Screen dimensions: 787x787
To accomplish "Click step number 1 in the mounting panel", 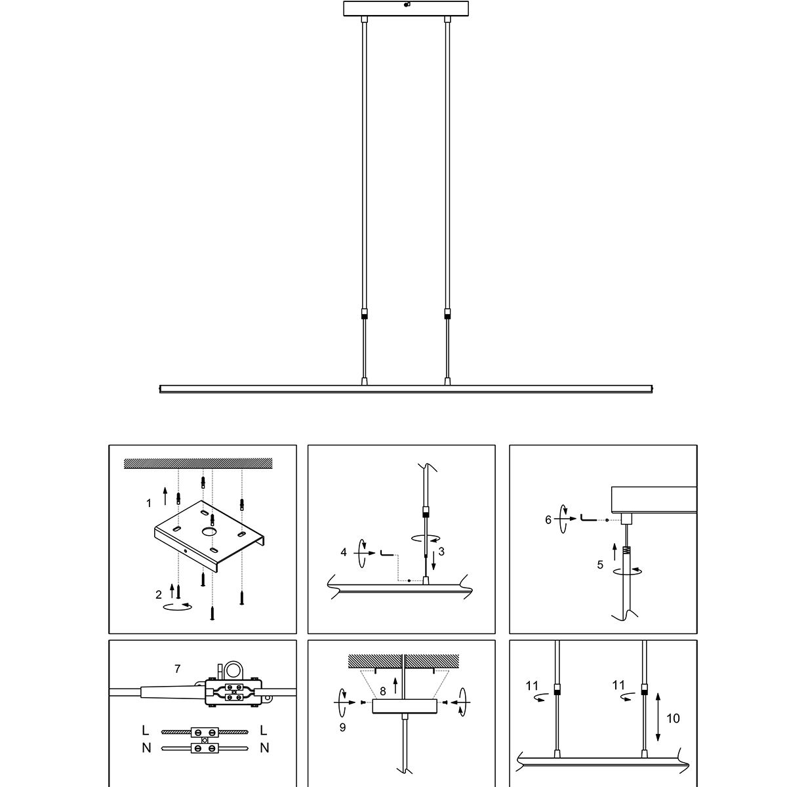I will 149,504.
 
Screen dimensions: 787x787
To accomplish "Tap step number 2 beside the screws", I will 159,595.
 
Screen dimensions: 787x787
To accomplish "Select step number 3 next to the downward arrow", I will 441,552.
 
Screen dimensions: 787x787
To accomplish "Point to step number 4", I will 344,552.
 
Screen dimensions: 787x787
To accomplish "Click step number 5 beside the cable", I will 600,564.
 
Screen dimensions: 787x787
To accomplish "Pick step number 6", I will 548,519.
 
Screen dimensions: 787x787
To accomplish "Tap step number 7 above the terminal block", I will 177,668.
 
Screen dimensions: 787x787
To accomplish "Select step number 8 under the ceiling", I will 383,691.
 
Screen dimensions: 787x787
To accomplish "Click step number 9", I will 342,727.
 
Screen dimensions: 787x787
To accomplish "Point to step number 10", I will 673,718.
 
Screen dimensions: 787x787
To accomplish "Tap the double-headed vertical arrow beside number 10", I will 657,716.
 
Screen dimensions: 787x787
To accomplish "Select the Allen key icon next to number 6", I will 588,519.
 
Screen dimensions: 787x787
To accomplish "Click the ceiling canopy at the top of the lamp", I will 407,9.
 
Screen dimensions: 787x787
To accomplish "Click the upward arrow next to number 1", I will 165,496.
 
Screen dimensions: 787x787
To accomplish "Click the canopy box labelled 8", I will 403,705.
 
